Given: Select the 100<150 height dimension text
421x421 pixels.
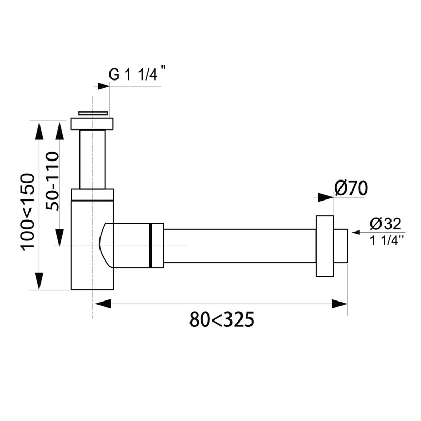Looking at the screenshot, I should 28,211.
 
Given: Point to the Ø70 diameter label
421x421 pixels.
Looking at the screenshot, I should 350,188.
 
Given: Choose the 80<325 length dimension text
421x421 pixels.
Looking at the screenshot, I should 222,319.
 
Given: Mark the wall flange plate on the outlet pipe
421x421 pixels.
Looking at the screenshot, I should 324,246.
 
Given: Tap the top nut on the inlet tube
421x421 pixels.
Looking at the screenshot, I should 92,124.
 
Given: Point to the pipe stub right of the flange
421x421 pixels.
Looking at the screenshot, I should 340,246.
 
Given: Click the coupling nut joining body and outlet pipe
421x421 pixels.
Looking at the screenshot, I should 157,246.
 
